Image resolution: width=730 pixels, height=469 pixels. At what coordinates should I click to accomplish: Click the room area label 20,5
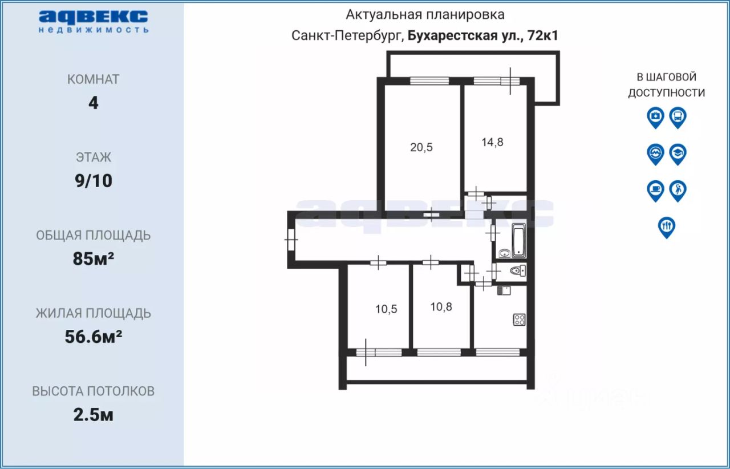tap(421, 147)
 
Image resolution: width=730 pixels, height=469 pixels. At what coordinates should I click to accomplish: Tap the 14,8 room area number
tap(492, 142)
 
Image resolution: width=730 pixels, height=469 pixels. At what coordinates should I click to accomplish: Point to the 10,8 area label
tap(441, 307)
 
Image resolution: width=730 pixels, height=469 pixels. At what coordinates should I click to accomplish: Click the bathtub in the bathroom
tap(519, 241)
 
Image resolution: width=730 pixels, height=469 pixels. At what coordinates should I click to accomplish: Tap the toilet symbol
tap(517, 270)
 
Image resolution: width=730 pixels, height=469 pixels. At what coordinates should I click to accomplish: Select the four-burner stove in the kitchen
tap(520, 320)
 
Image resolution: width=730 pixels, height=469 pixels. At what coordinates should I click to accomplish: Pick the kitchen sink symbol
tap(504, 290)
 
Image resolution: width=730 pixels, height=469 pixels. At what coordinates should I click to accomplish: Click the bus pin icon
tap(678, 118)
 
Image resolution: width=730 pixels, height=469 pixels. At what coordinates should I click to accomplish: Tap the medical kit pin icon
tap(655, 118)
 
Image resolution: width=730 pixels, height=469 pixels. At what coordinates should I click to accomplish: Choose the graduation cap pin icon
tap(678, 154)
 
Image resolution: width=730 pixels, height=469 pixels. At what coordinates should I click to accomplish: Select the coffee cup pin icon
tap(655, 191)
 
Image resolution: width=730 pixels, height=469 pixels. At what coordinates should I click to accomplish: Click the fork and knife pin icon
tap(667, 227)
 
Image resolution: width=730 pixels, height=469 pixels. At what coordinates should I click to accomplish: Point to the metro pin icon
tap(655, 154)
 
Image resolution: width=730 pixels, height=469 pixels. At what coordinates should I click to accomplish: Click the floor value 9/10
tap(94, 181)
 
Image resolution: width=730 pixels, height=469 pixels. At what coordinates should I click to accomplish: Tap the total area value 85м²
tap(94, 258)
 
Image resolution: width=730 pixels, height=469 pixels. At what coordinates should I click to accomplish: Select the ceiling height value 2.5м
tap(94, 415)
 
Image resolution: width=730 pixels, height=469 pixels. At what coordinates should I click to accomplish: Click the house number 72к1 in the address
tap(542, 35)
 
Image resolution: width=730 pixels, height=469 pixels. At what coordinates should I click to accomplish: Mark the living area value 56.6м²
tap(94, 337)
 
